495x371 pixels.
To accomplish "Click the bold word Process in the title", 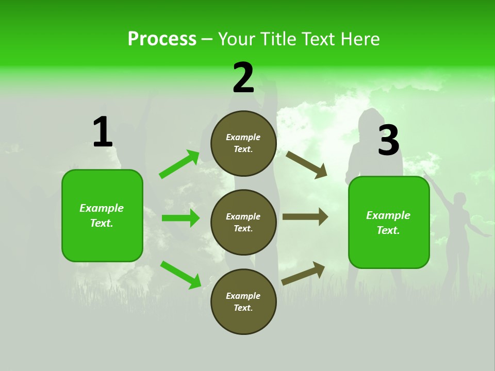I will [162, 39].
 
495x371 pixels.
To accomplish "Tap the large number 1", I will [103, 132].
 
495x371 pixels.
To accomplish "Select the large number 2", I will [243, 78].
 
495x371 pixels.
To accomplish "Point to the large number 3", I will [388, 141].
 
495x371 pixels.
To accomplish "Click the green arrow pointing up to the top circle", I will [179, 164].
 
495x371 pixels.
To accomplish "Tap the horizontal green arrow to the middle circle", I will [180, 218].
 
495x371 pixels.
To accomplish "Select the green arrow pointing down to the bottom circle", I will [180, 275].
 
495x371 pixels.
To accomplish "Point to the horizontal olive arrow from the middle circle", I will [305, 217].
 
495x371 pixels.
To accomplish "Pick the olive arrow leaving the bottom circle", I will [303, 274].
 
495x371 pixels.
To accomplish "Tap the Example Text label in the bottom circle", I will [243, 302].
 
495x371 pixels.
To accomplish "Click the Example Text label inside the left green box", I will [102, 215].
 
